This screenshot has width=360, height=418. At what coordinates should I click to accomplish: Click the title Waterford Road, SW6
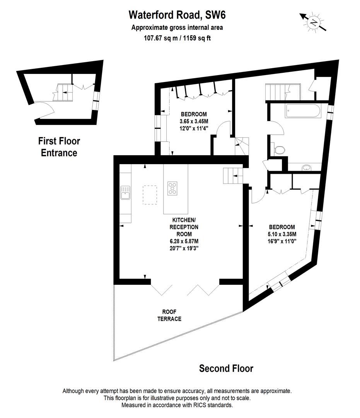click(177, 15)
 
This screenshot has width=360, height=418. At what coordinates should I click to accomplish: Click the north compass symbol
click(313, 22)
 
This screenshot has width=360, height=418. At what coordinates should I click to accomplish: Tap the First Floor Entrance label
click(59, 147)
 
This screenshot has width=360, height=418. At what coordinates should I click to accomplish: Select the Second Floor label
click(226, 368)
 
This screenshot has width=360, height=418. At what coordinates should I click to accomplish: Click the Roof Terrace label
click(169, 315)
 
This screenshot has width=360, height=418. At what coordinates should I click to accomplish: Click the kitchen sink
click(125, 192)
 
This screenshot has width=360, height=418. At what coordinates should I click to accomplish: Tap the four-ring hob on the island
click(172, 188)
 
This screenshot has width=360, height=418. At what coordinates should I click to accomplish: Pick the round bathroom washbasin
click(307, 168)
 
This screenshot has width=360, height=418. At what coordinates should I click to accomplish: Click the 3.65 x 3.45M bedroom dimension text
click(194, 122)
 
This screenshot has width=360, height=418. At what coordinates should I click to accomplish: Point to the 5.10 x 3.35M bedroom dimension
click(282, 234)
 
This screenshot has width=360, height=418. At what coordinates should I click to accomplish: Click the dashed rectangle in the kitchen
click(150, 195)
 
